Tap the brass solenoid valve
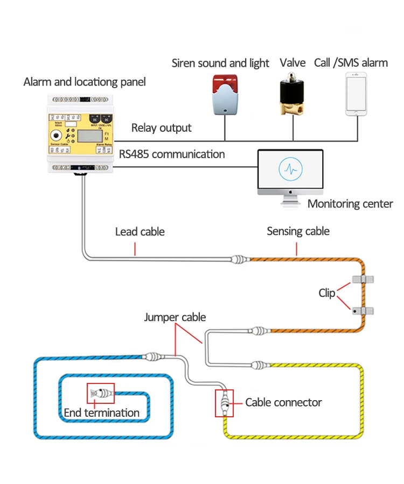point(292,97)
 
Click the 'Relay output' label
point(162,128)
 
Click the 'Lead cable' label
point(140,232)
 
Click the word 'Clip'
point(326,293)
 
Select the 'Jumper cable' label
point(175,317)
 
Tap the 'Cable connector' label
point(283,402)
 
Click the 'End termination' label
point(101,413)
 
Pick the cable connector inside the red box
point(224,402)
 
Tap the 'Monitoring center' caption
point(350,204)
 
